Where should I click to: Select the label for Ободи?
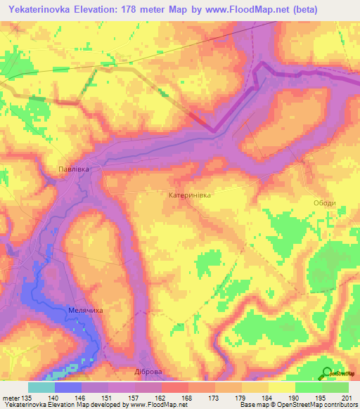pos(325,203)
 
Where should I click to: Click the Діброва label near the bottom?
pos(148,372)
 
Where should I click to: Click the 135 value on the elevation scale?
pos(27,397)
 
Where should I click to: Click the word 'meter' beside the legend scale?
pos(11,397)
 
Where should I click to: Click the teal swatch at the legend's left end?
pos(41,387)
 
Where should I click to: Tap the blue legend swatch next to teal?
pos(68,387)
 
